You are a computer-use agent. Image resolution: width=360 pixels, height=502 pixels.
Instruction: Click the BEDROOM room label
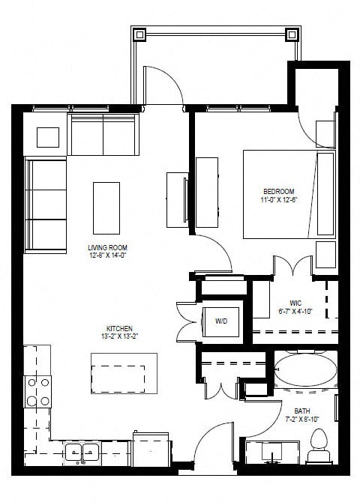(278, 191)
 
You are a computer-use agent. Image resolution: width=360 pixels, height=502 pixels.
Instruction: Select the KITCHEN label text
(120, 328)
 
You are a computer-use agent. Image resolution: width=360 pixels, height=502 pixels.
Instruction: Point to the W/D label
(222, 322)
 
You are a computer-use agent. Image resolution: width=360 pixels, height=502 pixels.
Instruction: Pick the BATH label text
(302, 411)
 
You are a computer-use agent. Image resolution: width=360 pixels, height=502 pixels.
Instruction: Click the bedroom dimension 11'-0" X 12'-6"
(278, 199)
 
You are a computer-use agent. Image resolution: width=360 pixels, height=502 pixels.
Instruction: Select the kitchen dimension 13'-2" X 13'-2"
(120, 336)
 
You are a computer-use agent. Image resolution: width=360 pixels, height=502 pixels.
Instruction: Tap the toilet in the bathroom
(319, 446)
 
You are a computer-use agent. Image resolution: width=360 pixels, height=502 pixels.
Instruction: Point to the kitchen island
(124, 372)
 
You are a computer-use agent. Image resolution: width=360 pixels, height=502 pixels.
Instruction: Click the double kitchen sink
(82, 452)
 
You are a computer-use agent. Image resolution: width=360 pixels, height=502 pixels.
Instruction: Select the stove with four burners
(38, 390)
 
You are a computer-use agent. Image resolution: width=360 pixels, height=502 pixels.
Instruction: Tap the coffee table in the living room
(106, 208)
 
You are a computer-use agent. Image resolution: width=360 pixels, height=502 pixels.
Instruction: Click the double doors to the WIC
(292, 267)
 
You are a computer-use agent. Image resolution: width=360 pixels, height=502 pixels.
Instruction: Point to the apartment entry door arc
(215, 446)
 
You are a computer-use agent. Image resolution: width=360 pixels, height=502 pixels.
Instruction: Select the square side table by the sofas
(48, 137)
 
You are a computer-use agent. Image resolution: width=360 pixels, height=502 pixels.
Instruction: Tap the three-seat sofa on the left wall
(46, 205)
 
